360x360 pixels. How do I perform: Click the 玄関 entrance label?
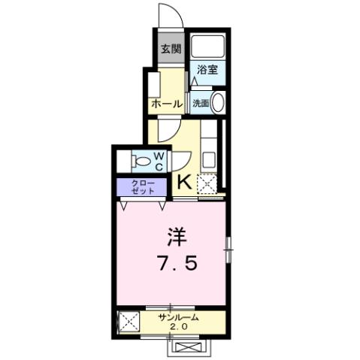pyautogui.click(x=171, y=50)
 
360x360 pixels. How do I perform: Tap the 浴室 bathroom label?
pyautogui.click(x=207, y=70)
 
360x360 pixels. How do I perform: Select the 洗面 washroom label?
pyautogui.click(x=201, y=103)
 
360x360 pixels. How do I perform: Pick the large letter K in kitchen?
pyautogui.click(x=183, y=180)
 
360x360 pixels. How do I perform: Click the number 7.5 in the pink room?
pyautogui.click(x=177, y=265)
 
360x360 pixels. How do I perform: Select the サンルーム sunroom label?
pyautogui.click(x=178, y=318)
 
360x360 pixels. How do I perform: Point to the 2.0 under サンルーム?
pyautogui.click(x=178, y=328)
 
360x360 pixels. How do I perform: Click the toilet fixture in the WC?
pyautogui.click(x=139, y=159)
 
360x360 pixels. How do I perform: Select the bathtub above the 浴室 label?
pyautogui.click(x=207, y=45)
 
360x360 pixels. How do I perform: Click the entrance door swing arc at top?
pyautogui.click(x=166, y=17)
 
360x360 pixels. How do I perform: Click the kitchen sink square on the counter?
pyautogui.click(x=208, y=159)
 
